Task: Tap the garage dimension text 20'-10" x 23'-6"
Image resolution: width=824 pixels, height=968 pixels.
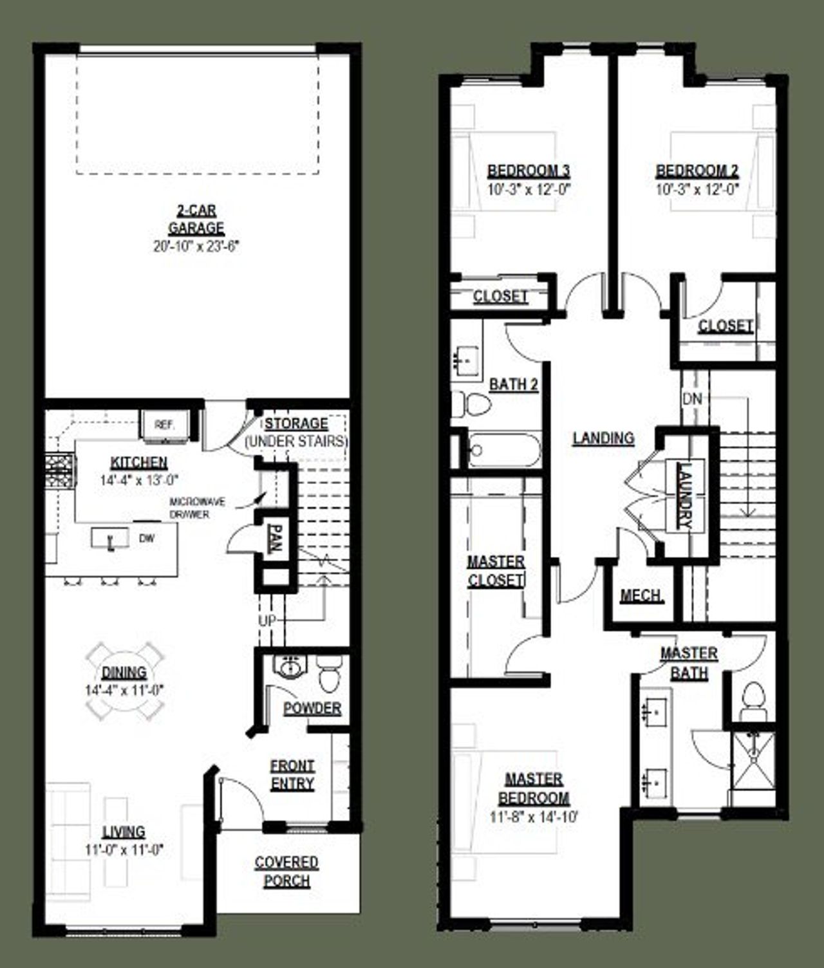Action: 196,247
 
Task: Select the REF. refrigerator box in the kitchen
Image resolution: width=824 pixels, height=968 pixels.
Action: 164,425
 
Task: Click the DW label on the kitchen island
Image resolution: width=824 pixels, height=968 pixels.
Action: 147,539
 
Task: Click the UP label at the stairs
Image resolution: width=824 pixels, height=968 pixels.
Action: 267,621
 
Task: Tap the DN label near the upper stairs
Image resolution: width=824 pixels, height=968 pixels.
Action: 692,399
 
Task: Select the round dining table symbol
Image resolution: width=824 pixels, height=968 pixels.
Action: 125,681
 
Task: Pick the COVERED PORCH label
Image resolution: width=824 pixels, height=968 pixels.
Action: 286,871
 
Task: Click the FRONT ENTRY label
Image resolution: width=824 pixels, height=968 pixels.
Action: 292,775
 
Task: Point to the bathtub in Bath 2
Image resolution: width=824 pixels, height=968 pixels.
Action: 504,449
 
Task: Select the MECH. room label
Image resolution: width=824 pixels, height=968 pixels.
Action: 641,596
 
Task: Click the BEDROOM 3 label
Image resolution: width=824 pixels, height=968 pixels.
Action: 529,171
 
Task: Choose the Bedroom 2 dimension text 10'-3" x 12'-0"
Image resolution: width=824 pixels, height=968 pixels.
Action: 697,190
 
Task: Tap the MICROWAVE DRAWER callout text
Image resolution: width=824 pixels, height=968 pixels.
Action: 189,508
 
